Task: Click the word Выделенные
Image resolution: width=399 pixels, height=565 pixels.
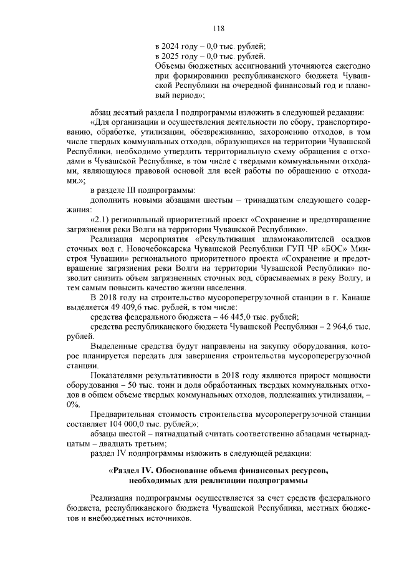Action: pos(115,346)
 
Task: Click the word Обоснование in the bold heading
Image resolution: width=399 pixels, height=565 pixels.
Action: pos(184,469)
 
